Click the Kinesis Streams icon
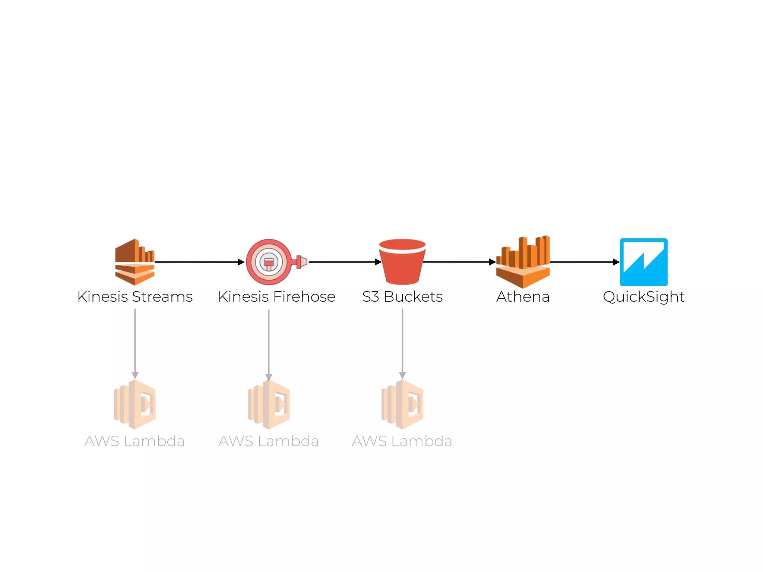[x=134, y=262]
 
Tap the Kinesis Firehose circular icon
[x=269, y=262]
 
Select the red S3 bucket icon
[x=402, y=262]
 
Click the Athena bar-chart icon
[x=523, y=262]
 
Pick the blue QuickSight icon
[x=643, y=262]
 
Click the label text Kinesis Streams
[x=134, y=297]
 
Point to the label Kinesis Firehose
[x=276, y=297]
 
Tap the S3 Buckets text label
[x=402, y=297]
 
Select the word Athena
[x=523, y=297]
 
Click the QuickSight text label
[x=643, y=297]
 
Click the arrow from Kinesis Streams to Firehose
[x=199, y=262]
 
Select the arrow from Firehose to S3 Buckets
[x=345, y=262]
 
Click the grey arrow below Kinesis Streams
[x=135, y=343]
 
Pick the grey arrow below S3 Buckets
[x=402, y=343]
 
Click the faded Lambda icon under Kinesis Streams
[x=135, y=404]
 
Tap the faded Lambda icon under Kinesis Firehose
[x=269, y=404]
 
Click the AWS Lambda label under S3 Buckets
[x=402, y=441]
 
